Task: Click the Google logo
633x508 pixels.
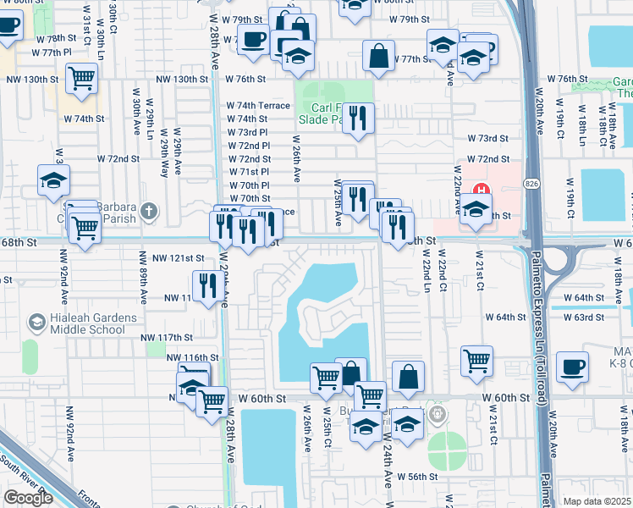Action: [x=28, y=498]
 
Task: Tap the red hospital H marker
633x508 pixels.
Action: [x=482, y=189]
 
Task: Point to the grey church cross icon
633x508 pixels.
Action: [x=149, y=210]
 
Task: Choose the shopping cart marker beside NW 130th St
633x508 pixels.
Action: [x=82, y=79]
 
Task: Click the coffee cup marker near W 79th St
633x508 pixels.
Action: [x=253, y=38]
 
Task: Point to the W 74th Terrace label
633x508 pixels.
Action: [x=257, y=106]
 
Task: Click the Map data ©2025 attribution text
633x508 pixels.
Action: [x=597, y=501]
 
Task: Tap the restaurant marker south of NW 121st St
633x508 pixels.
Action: [x=206, y=286]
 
